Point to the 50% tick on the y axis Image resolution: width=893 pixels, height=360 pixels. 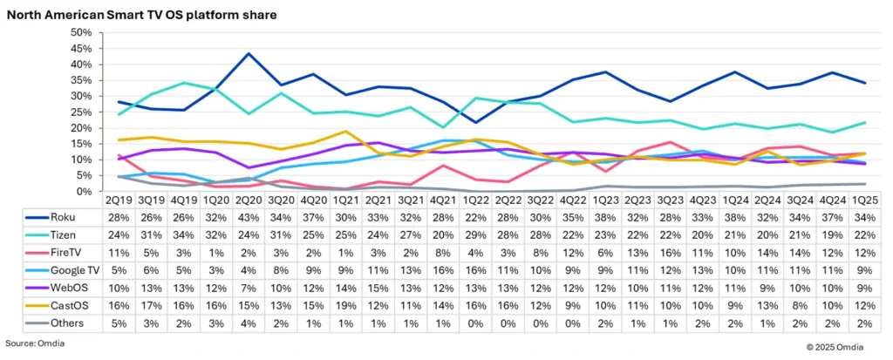[x=79, y=32]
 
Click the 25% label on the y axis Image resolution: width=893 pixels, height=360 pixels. [x=79, y=112]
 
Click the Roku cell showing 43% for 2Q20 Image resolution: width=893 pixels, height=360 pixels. [x=249, y=216]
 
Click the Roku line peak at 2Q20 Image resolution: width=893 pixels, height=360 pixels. [x=249, y=54]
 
